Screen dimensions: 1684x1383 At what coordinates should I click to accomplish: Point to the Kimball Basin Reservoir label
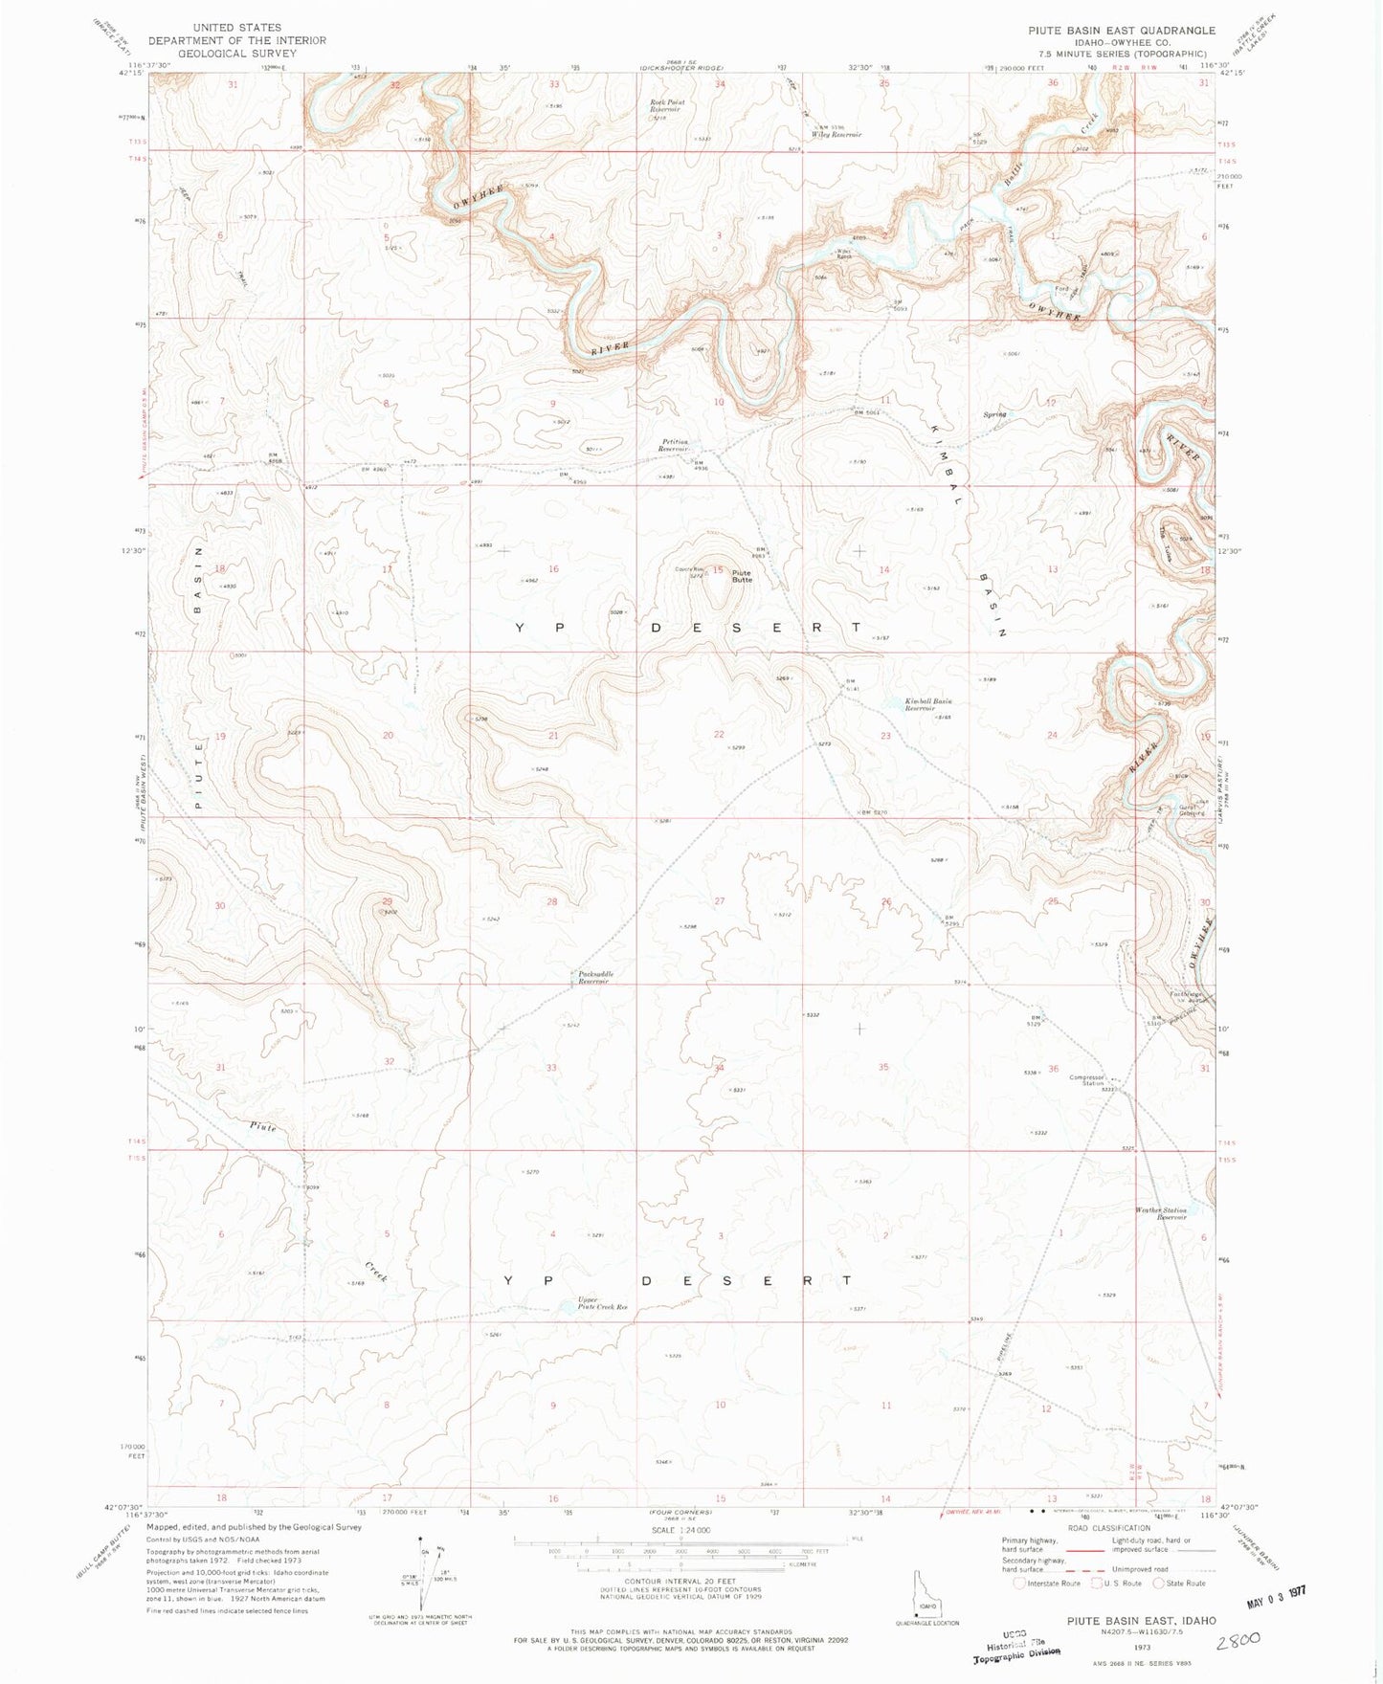(928, 705)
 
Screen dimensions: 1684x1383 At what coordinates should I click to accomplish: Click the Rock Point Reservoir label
(667, 106)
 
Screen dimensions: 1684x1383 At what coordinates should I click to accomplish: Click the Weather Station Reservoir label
(1160, 1213)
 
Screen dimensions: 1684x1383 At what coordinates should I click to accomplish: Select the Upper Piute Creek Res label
(602, 1303)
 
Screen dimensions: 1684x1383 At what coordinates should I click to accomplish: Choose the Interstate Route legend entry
(1047, 1584)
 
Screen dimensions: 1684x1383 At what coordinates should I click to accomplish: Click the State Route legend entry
(1180, 1584)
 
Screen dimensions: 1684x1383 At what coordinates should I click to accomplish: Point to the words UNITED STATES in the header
(236, 28)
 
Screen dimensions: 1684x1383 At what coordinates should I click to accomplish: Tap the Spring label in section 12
(995, 414)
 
